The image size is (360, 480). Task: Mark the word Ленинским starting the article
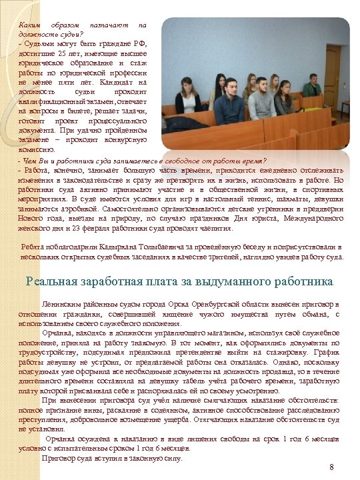[59, 303]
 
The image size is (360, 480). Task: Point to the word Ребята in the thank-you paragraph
[33, 247]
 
